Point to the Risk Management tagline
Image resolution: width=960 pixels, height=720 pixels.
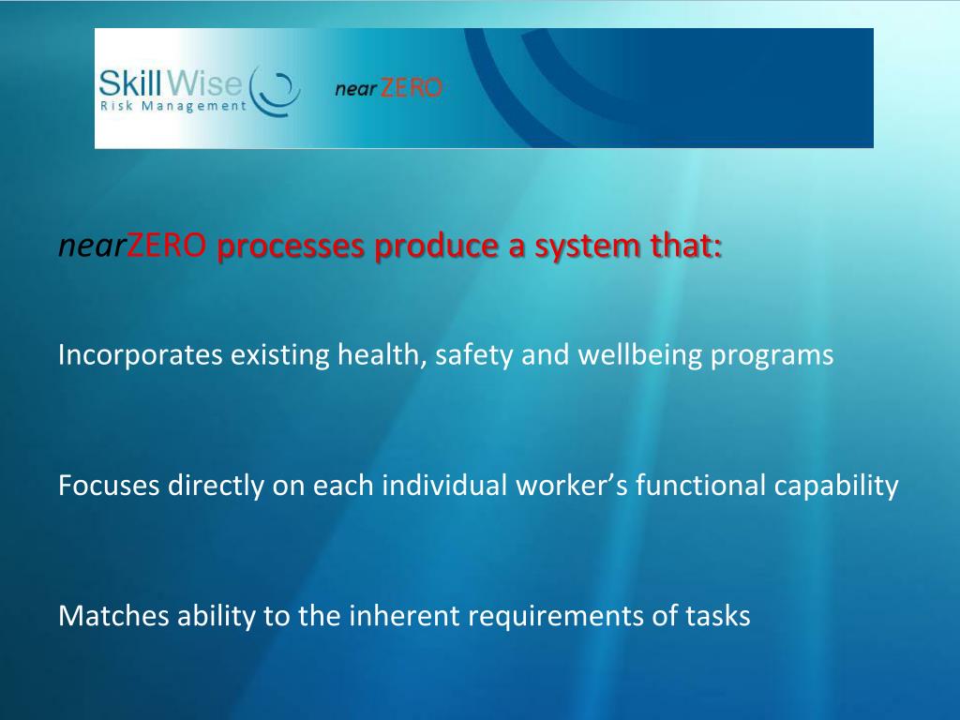coord(172,106)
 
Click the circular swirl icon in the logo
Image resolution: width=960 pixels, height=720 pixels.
coord(277,91)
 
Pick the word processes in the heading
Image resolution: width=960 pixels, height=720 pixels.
coord(292,247)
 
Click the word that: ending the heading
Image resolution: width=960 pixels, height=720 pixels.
coord(689,247)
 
